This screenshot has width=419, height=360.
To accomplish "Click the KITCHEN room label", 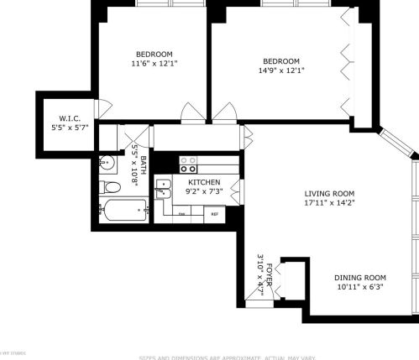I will [x=204, y=182].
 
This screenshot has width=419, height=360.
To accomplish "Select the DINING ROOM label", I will [x=359, y=278].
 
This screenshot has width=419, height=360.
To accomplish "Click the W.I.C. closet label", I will [x=70, y=118].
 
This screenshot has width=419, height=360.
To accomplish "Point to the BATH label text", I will [x=143, y=165].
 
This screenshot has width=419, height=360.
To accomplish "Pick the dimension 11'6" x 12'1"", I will [x=155, y=63].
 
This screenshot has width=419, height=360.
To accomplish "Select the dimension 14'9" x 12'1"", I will [x=281, y=70].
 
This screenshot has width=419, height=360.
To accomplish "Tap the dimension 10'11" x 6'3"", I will [x=359, y=288].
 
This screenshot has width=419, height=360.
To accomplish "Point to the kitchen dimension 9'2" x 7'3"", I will [x=204, y=193].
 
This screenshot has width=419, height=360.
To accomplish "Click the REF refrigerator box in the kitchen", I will [x=214, y=214].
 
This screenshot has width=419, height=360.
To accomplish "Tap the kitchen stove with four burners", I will [x=189, y=163].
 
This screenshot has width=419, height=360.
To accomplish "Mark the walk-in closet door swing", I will [x=103, y=107].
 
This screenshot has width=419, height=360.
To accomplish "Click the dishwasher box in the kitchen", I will [x=182, y=214].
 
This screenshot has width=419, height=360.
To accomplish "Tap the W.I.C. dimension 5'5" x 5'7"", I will [x=70, y=128].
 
